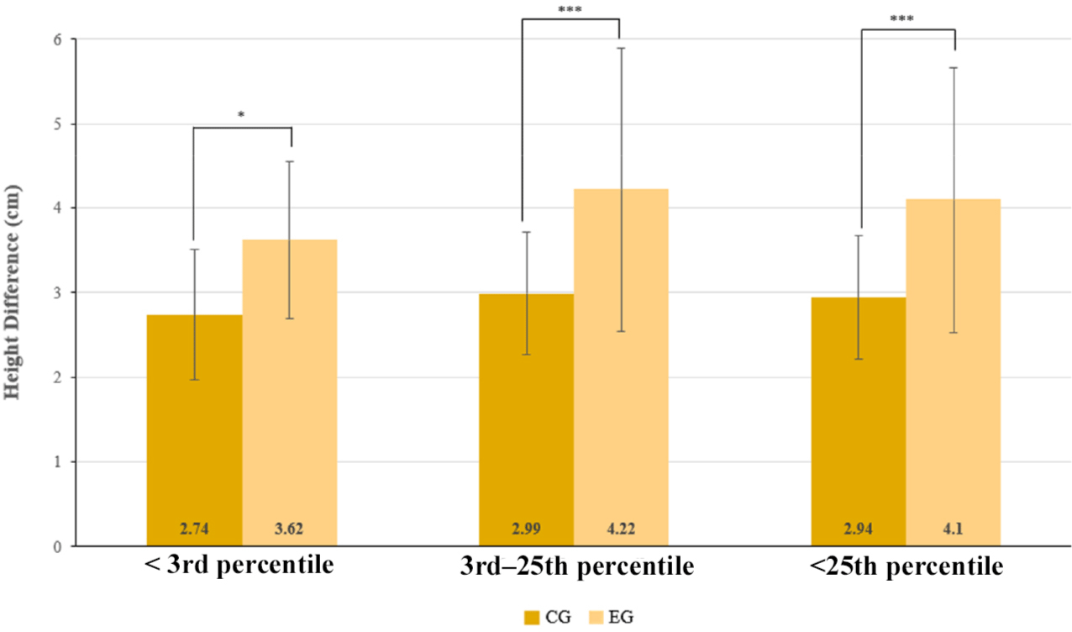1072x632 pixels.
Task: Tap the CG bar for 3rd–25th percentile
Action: (x=526, y=419)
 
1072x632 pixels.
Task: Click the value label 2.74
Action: (x=194, y=529)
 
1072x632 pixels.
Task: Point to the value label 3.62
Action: (x=290, y=529)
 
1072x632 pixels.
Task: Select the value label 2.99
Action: (x=526, y=529)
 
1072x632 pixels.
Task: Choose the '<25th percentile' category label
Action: (x=906, y=567)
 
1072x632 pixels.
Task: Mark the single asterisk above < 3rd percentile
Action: (x=241, y=114)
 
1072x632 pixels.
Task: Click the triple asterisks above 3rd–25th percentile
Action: (x=570, y=10)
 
